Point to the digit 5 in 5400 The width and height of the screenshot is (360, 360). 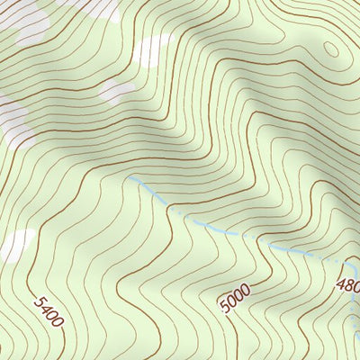(x=37, y=299)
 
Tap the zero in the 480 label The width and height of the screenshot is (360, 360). (x=356, y=280)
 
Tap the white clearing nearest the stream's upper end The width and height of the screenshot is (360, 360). (x=114, y=90)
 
